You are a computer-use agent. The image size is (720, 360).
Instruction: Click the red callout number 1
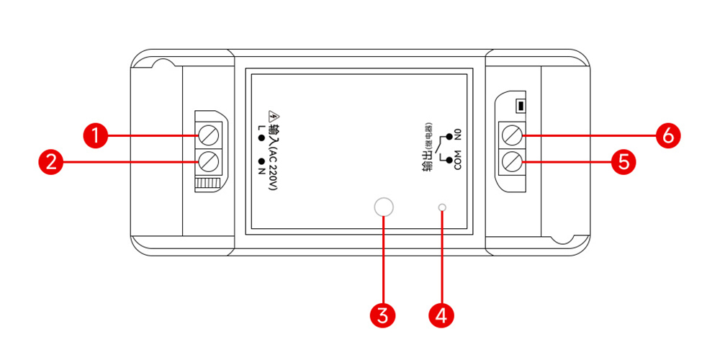pos(94,135)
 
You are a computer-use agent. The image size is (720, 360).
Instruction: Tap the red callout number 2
pos(50,161)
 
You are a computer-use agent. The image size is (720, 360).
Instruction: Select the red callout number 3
pos(384,315)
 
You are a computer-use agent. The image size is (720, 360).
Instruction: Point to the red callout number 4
pos(442,315)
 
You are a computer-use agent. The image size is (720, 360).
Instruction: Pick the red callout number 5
pos(624,161)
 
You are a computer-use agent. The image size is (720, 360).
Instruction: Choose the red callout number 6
pos(669,135)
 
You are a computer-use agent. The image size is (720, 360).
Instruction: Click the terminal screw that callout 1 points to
pos(208,135)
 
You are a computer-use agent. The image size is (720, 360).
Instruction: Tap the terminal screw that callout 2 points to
pos(208,160)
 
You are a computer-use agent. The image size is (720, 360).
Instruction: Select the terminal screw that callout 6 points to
pos(511,135)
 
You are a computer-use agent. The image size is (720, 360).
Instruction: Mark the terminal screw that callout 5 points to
pos(511,160)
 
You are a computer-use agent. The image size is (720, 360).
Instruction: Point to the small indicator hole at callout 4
pos(442,208)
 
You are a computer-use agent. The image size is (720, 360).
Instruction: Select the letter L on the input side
pos(260,128)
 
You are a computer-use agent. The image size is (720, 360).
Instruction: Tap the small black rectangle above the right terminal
pos(518,107)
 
